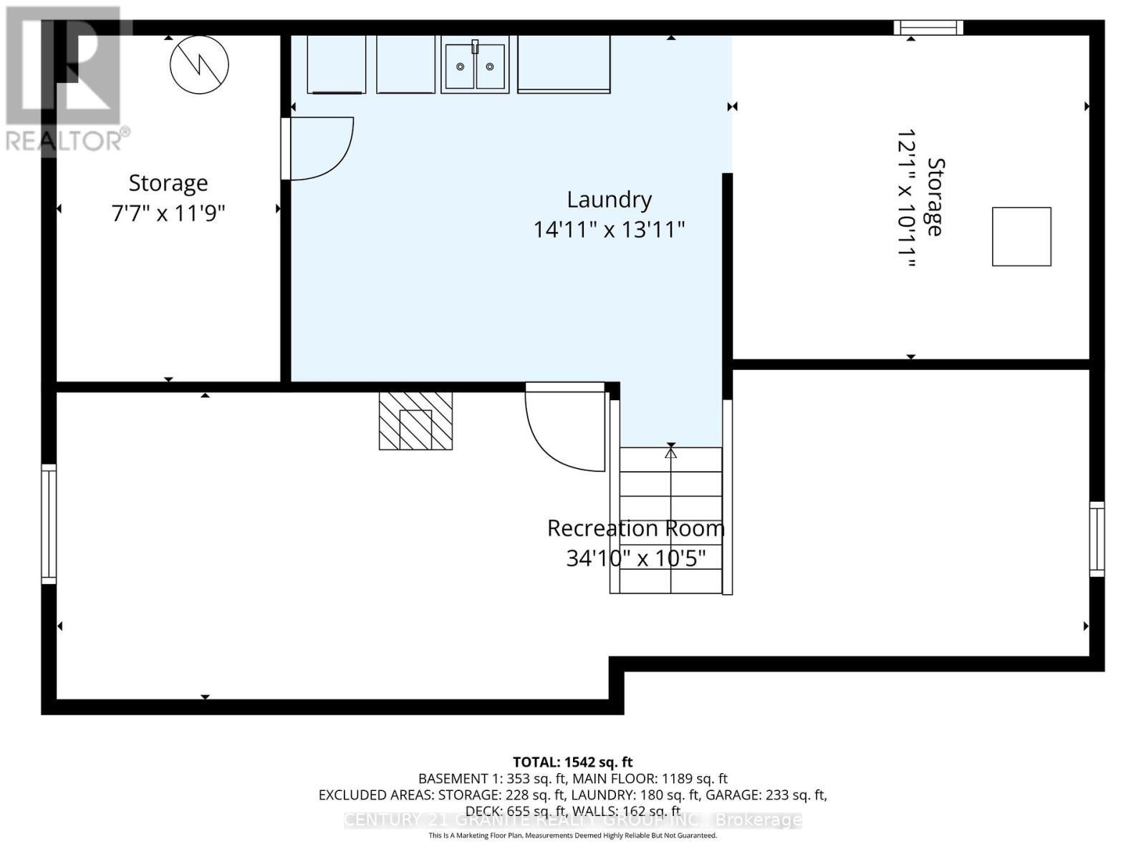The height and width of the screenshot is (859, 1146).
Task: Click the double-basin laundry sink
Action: click(475, 66)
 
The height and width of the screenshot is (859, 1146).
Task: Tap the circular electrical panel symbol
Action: click(199, 64)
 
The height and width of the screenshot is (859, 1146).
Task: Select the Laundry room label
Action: click(609, 200)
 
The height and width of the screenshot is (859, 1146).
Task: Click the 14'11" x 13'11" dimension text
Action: click(609, 230)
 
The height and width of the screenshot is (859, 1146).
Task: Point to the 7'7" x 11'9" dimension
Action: click(168, 213)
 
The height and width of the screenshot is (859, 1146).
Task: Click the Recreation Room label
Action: click(635, 528)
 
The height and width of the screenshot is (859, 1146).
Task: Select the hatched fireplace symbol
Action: click(415, 421)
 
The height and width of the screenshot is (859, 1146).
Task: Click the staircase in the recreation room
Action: click(670, 520)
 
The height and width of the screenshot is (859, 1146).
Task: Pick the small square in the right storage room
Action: click(1021, 237)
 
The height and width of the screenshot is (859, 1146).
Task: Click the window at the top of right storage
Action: click(928, 28)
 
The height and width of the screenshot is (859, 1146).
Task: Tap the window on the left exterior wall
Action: click(49, 523)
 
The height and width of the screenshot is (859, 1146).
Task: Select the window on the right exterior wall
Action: click(1097, 539)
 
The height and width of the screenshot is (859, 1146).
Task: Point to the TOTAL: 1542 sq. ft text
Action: click(572, 762)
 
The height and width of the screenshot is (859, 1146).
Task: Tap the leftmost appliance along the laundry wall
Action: click(336, 64)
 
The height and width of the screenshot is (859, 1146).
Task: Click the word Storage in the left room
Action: click(168, 183)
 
